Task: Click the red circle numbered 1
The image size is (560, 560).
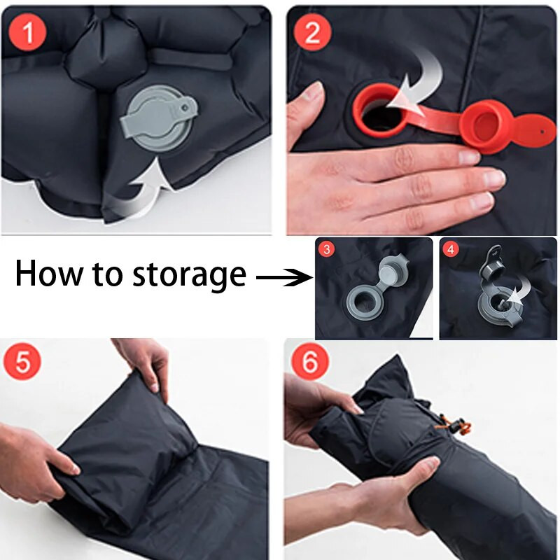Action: click(x=27, y=33)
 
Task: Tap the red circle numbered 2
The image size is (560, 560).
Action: click(x=312, y=32)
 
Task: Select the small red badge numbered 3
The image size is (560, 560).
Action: click(x=326, y=249)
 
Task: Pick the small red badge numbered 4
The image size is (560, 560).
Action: click(x=451, y=249)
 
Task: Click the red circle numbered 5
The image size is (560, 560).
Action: click(x=22, y=361)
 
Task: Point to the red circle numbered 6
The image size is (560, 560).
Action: click(x=310, y=360)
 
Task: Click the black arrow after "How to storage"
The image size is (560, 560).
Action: click(x=285, y=277)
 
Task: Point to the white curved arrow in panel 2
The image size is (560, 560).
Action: click(x=423, y=84)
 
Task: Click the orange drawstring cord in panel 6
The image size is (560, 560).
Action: click(x=454, y=424)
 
